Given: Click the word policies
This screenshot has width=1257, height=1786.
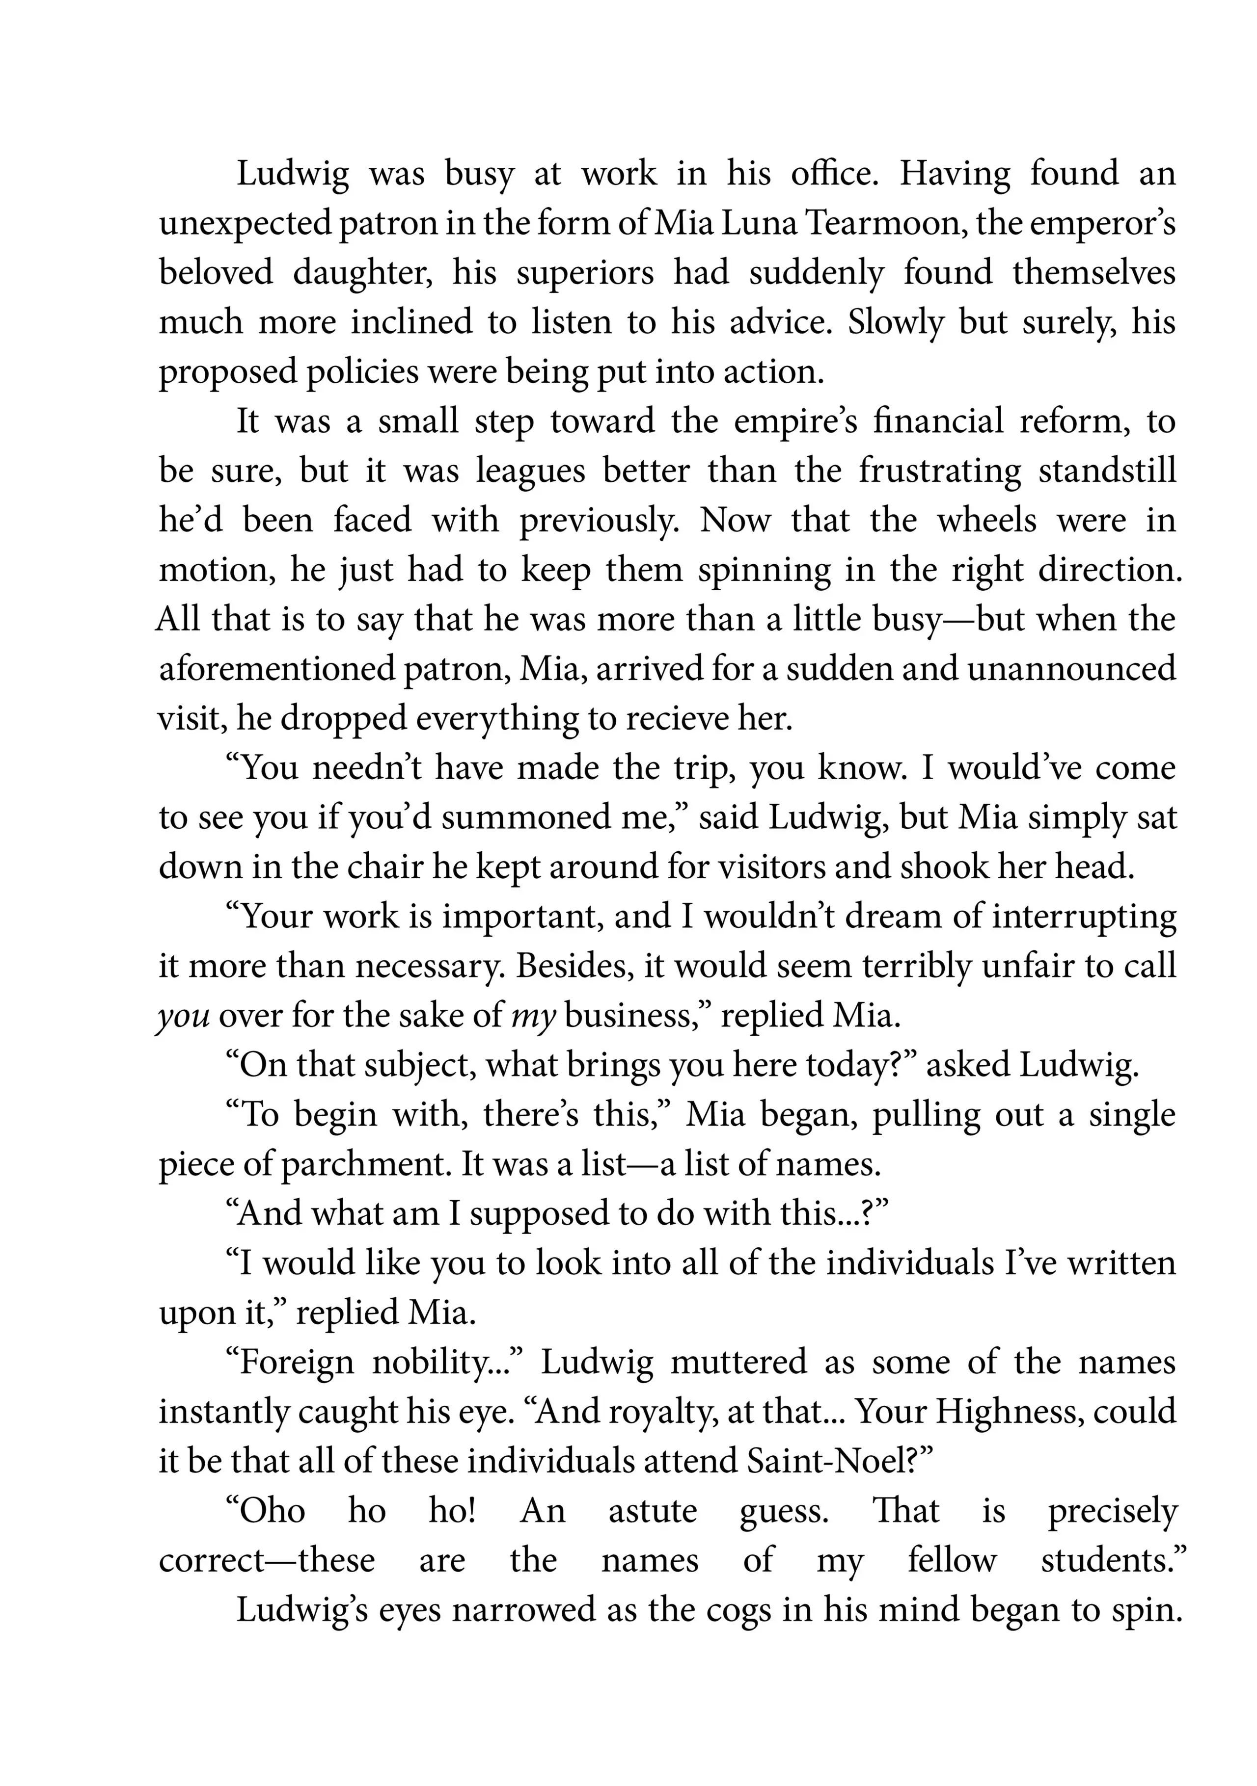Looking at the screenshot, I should (362, 372).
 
